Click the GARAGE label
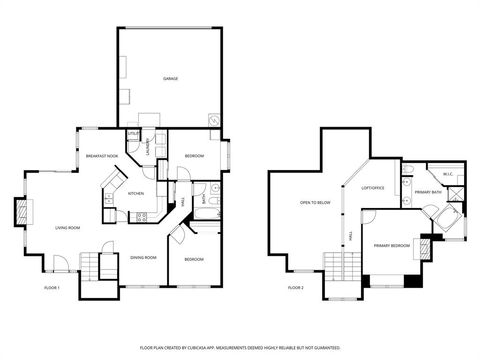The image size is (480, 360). coord(171,78)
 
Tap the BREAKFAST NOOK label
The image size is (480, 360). coord(102,156)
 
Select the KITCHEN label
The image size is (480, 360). coord(136,193)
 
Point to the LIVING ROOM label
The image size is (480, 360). coord(68,228)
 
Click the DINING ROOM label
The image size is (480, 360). coord(143,258)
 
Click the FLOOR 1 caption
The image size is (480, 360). coord(52,288)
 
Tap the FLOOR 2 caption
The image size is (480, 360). coord(295,288)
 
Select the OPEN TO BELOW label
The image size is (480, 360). coord(315,203)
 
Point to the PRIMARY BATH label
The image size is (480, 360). coord(429,191)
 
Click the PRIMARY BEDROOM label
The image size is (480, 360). coord(393,245)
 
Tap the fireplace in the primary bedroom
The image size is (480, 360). coord(428,244)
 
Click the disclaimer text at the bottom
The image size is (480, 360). coord(240,347)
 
